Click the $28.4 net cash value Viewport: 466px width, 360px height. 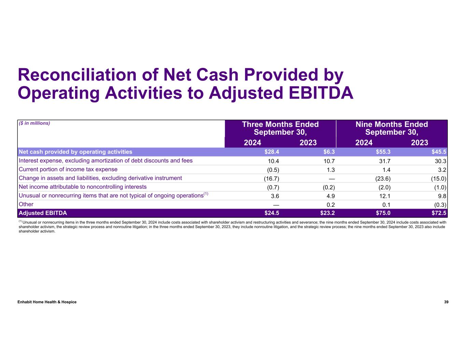coord(272,152)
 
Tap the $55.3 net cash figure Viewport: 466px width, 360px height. coord(383,152)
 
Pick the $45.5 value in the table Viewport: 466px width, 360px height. coord(439,152)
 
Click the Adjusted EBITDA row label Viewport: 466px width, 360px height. coord(43,213)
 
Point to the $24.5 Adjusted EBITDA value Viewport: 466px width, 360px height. coord(272,213)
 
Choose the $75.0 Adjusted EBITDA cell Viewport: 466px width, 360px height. coord(383,213)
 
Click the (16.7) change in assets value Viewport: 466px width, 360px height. coord(272,178)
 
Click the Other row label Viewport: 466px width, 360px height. coord(26,204)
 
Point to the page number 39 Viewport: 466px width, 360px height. coord(446,302)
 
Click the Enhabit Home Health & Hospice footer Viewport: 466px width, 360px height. coord(47,302)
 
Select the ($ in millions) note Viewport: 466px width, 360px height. coord(34,123)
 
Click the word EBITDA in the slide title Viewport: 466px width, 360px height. coord(321,93)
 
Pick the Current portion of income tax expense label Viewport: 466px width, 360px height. coord(68,170)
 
